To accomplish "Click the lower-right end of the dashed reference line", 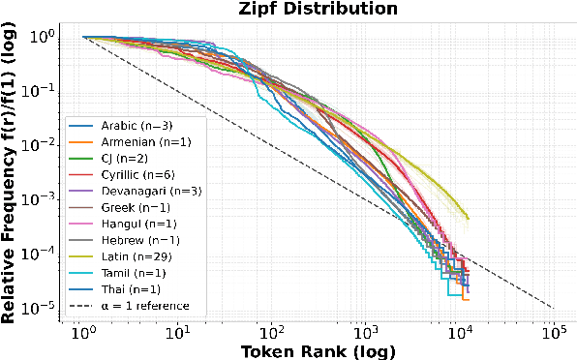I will click(x=552, y=308).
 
